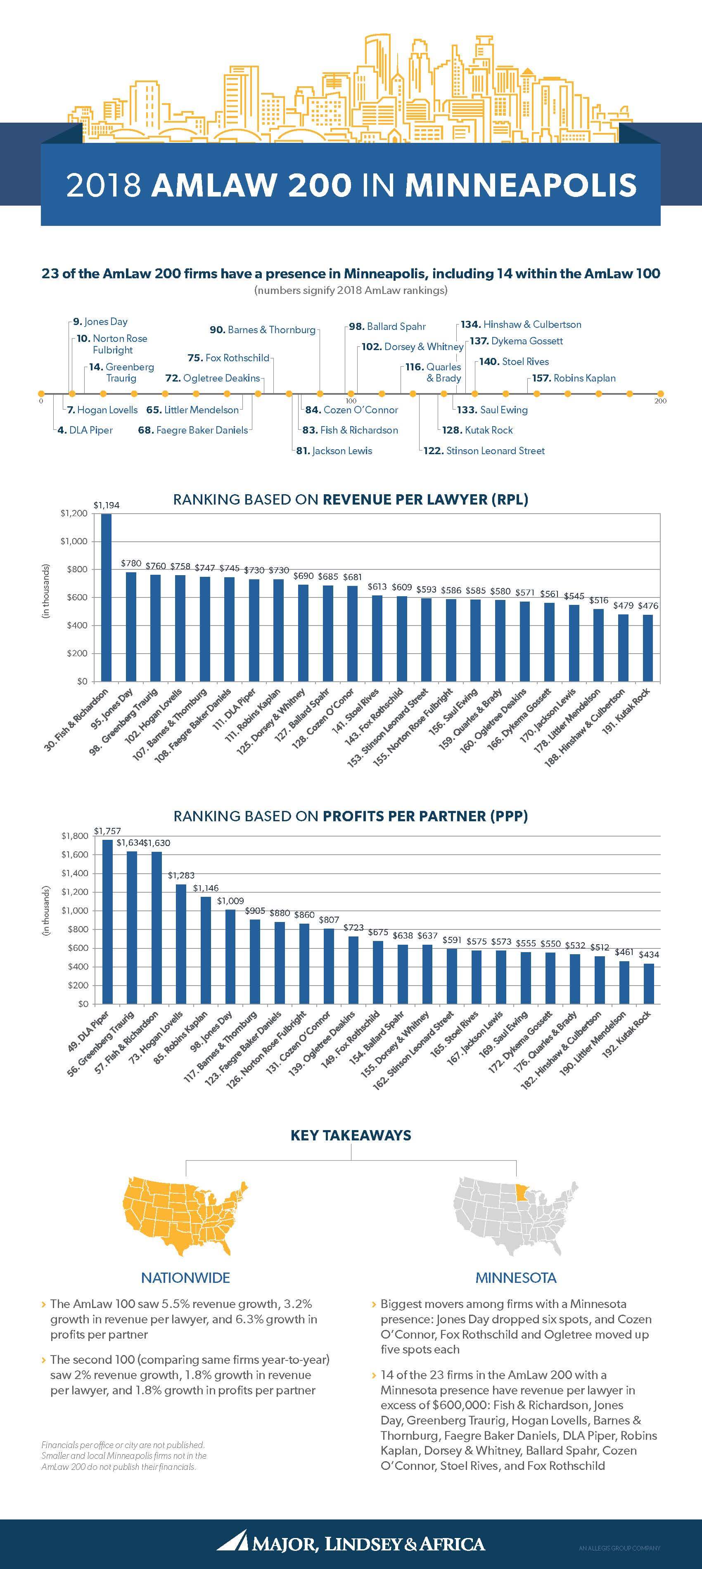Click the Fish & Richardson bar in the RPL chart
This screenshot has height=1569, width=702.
[x=106, y=597]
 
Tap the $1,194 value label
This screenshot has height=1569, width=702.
[x=106, y=505]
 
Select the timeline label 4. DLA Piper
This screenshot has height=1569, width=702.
[x=85, y=430]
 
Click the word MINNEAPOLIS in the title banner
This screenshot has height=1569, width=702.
[x=521, y=185]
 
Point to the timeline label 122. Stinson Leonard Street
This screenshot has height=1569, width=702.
[x=484, y=451]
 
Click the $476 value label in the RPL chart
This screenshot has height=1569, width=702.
[x=649, y=605]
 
